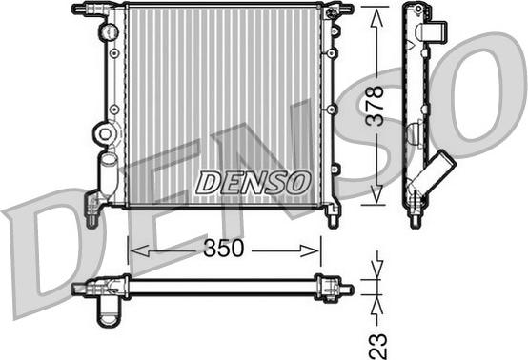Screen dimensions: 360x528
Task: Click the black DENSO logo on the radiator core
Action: tap(253, 179)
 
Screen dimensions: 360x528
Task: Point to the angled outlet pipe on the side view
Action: tap(437, 172)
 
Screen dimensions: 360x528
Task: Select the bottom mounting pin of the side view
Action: tap(416, 221)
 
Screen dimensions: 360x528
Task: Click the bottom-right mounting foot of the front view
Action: tap(331, 214)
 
